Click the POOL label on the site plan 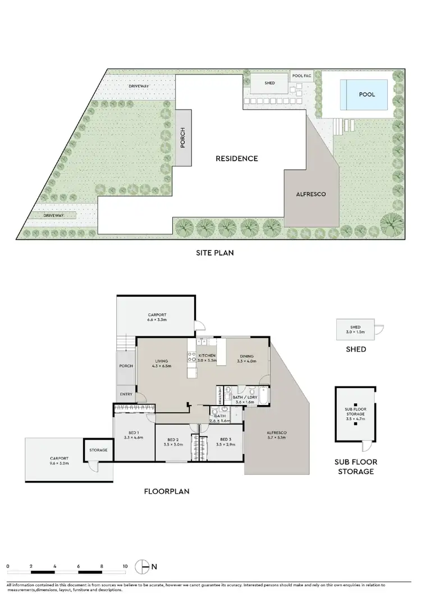[367, 95]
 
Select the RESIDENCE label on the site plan [237, 158]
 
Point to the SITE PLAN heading [211, 253]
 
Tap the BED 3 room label [225, 439]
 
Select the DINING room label [246, 356]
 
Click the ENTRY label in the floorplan [126, 394]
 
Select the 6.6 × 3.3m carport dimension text [157, 320]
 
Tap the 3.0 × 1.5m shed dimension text [355, 332]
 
